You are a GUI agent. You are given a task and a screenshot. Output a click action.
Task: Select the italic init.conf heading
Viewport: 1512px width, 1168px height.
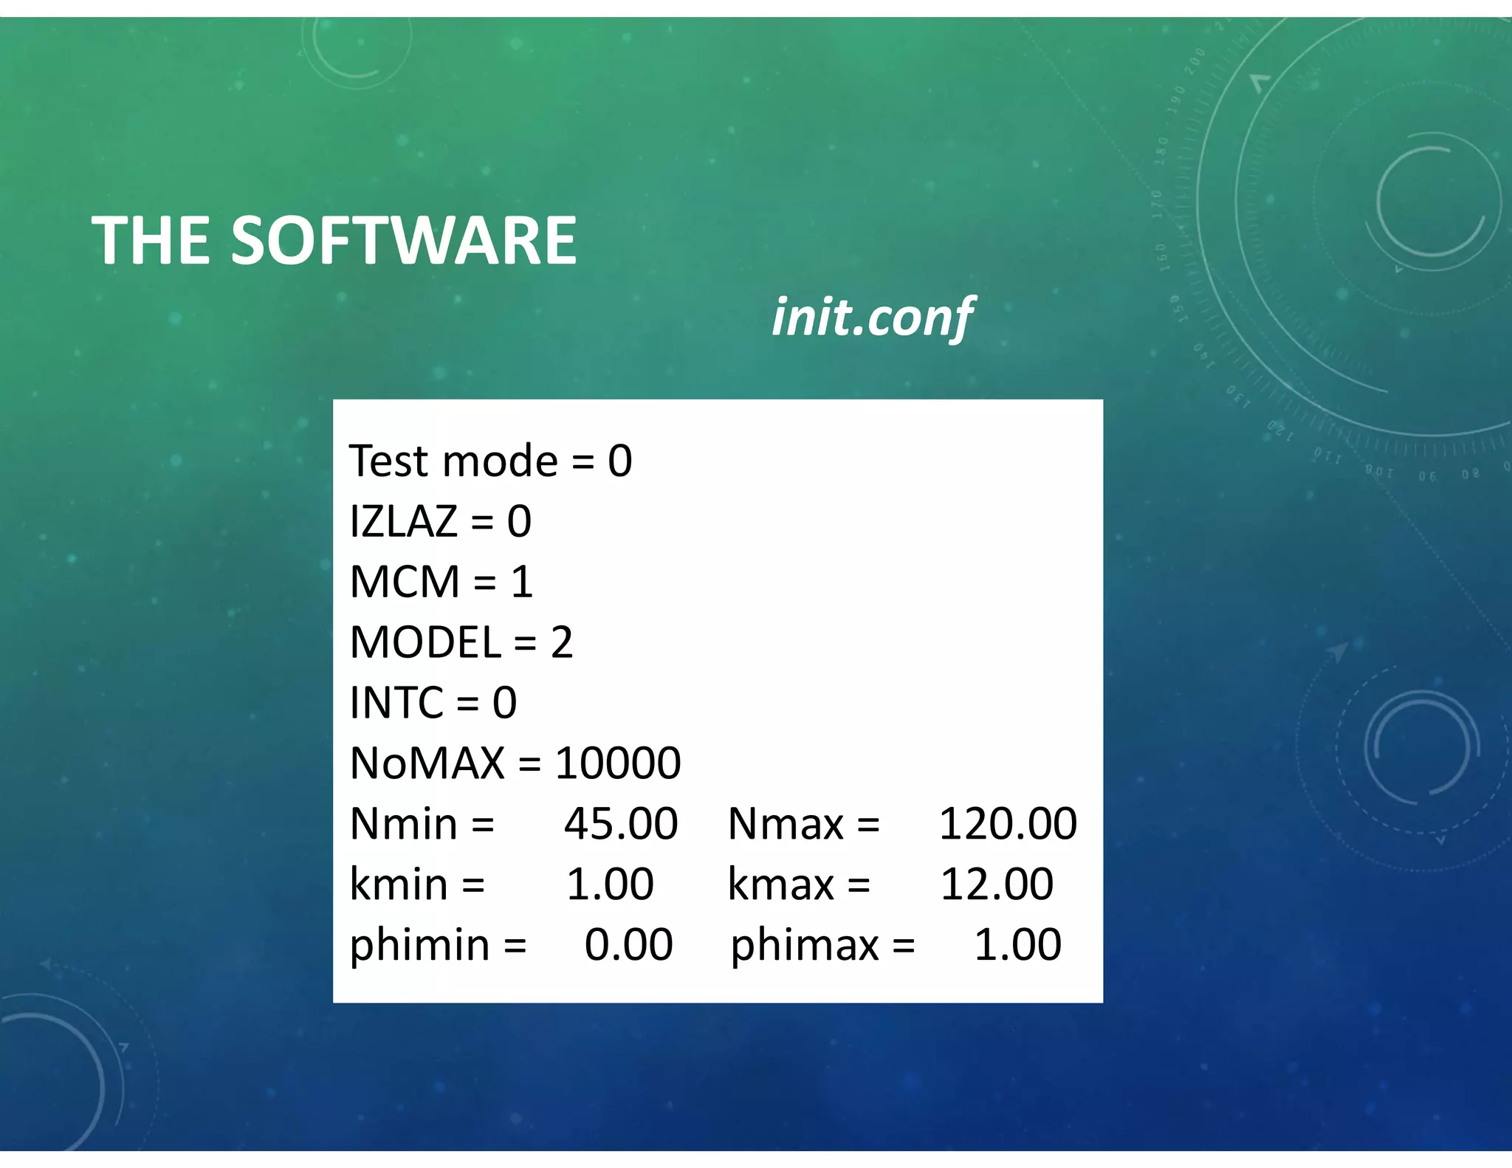click(872, 317)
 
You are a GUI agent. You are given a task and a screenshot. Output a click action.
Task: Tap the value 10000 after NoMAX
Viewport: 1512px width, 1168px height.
click(618, 763)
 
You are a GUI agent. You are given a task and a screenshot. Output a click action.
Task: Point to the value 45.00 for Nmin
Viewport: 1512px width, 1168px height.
click(621, 823)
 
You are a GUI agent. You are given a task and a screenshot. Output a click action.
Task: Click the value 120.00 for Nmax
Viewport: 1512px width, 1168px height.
click(1008, 823)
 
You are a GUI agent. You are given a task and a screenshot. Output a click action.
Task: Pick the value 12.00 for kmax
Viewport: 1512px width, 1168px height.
click(997, 884)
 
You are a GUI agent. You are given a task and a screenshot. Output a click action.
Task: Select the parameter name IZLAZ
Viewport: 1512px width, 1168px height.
click(403, 521)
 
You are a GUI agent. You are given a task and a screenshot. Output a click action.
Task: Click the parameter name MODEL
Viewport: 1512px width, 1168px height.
click(425, 642)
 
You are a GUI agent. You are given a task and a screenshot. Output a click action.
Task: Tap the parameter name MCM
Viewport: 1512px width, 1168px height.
click(405, 582)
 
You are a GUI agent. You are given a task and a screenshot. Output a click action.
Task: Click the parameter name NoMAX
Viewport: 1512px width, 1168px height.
click(427, 763)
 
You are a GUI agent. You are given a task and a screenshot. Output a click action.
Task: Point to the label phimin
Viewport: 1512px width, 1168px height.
click(419, 945)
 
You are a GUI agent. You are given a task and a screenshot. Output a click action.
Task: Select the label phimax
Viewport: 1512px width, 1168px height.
click(805, 945)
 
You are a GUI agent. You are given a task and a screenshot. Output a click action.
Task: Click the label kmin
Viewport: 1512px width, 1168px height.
click(399, 884)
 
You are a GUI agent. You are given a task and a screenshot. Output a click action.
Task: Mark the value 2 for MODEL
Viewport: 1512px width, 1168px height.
click(562, 642)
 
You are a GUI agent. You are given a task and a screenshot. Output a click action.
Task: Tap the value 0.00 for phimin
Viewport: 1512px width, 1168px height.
click(628, 944)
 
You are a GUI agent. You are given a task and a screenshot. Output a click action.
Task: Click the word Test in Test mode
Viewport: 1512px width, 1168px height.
click(388, 461)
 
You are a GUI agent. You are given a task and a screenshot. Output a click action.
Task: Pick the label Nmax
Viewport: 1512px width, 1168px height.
click(786, 823)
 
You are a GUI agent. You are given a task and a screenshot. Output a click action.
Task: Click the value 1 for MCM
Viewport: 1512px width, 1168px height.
click(522, 582)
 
